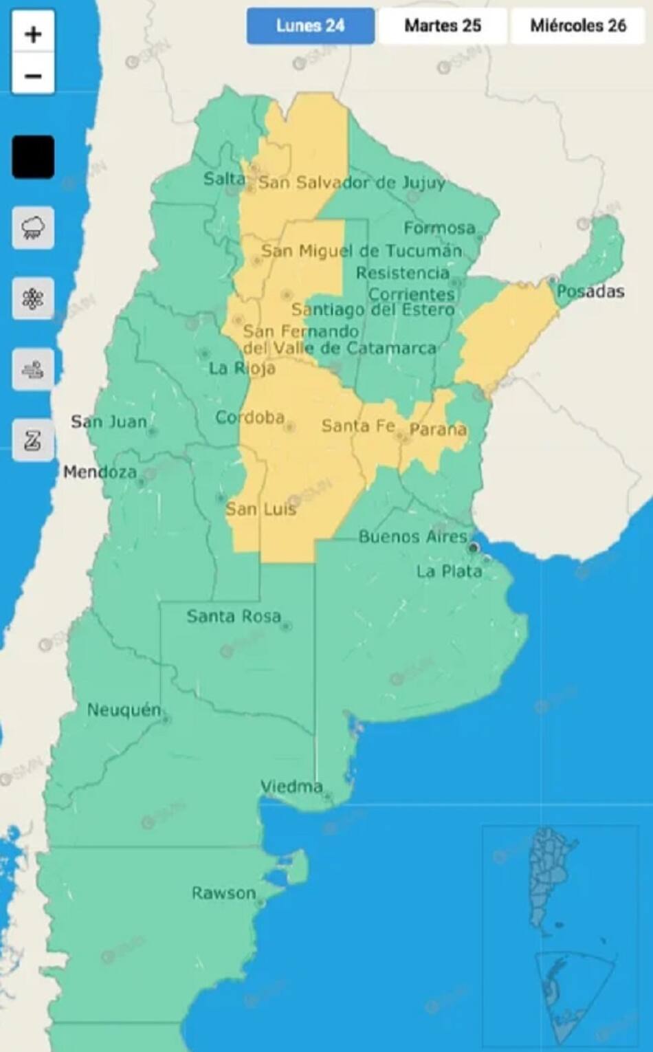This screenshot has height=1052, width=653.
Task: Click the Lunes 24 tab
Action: point(310,26)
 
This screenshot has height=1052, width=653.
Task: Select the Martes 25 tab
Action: point(443,26)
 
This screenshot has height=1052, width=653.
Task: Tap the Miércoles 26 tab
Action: point(577,26)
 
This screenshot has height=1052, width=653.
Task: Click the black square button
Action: point(33,157)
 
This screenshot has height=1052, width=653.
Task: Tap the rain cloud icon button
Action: point(33,228)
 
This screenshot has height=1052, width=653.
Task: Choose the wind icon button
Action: point(33,370)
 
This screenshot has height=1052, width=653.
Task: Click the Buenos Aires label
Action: point(412,536)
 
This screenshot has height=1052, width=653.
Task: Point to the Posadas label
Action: point(590,292)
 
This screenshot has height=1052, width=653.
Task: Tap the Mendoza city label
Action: point(100,472)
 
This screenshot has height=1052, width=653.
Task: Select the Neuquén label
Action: point(124,710)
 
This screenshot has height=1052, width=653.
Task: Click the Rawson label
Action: point(223,893)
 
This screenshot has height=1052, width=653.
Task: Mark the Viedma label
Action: point(291,786)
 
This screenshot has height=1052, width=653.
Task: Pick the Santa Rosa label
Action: point(234,616)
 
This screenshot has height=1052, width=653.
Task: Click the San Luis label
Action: point(261,509)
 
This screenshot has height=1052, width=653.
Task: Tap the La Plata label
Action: point(449,571)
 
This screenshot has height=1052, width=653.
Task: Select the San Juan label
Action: point(109,421)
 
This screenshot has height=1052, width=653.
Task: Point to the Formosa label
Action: point(439,228)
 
